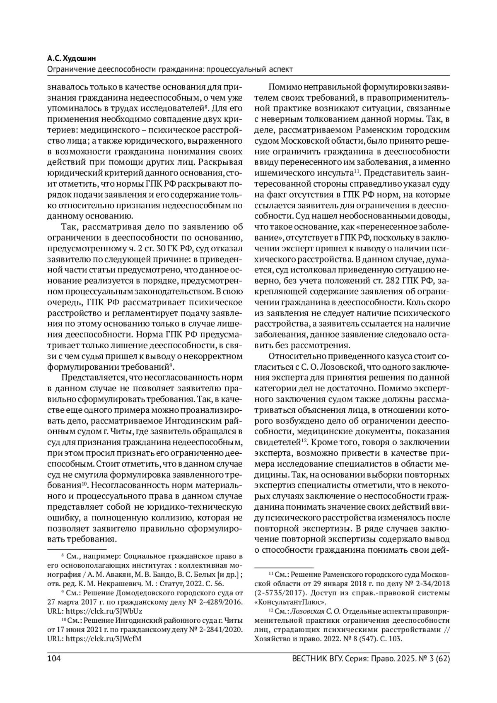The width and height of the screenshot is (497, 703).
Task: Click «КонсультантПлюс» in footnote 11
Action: [x=292, y=602]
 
